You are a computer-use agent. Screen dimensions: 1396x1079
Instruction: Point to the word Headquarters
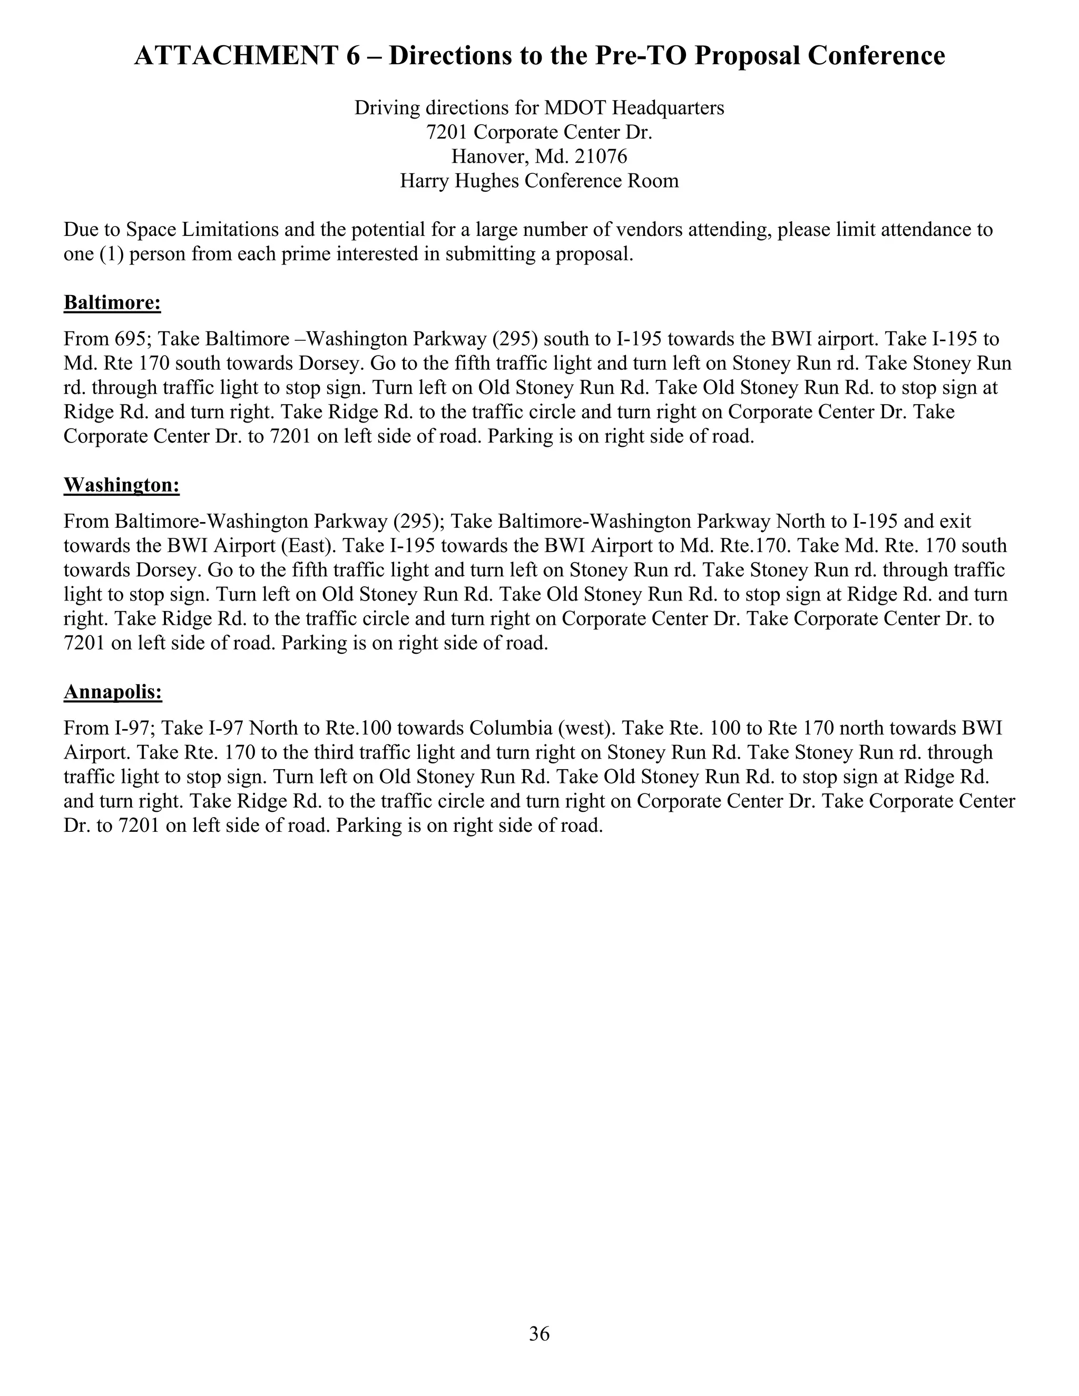pyautogui.click(x=668, y=108)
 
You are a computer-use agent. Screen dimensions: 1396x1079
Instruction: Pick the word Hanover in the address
pyautogui.click(x=486, y=156)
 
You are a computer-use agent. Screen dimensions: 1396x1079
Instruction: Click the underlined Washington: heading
pyautogui.click(x=122, y=485)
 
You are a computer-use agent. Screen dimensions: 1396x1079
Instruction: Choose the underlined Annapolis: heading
pyautogui.click(x=113, y=692)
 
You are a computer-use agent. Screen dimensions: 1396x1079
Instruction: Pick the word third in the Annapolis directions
pyautogui.click(x=345, y=752)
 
